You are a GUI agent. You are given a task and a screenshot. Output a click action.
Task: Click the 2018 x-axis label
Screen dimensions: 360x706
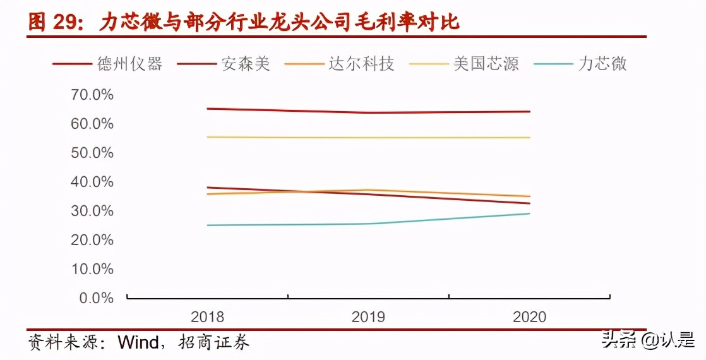[207, 317]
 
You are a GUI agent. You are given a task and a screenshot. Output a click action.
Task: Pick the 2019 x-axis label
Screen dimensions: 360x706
[368, 317]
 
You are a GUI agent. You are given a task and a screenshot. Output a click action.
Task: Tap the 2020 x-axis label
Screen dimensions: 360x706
[529, 317]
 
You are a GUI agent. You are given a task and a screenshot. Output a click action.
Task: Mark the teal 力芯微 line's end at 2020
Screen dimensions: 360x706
[529, 213]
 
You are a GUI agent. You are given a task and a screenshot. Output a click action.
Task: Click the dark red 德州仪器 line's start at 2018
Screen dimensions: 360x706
[207, 109]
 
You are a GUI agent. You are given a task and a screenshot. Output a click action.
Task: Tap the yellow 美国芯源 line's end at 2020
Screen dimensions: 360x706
[529, 138]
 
